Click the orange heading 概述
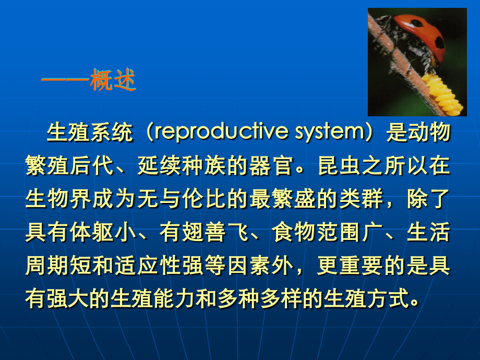tap(113, 80)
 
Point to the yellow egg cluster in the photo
tap(442, 94)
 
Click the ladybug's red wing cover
tap(422, 34)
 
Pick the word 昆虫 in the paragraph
tap(339, 165)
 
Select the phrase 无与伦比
tap(182, 199)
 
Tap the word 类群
tap(362, 199)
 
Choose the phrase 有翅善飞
tap(204, 232)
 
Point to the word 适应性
tap(148, 265)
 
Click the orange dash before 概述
tap(65, 80)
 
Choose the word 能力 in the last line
tap(174, 298)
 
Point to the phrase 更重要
tap(350, 265)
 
